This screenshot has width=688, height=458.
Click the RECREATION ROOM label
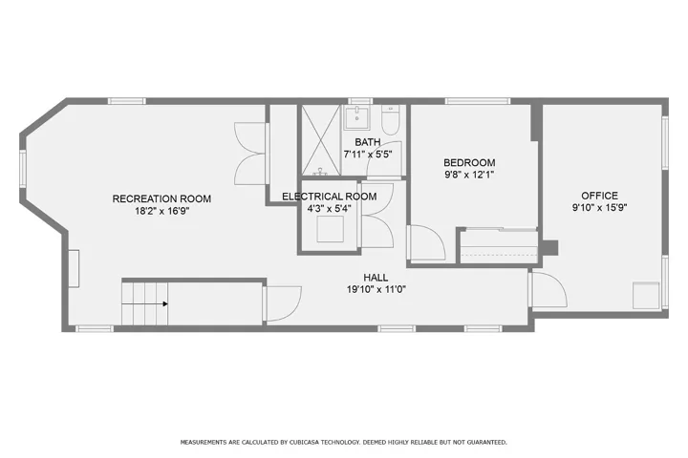point(161,198)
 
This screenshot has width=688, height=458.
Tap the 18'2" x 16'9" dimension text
point(161,211)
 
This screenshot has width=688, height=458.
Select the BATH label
point(368,142)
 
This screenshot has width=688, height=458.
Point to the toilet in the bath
point(390,119)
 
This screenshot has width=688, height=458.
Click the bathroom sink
point(355,116)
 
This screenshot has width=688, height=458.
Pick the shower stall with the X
point(321,140)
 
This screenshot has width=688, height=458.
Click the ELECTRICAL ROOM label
point(329,197)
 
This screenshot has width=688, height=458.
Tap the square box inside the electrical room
point(330,229)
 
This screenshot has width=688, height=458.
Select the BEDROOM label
point(469,162)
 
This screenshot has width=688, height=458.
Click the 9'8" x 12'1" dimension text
point(469,175)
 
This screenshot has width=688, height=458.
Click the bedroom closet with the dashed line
point(499,246)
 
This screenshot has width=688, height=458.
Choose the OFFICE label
point(599,196)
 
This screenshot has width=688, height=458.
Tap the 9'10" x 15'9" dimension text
point(599,207)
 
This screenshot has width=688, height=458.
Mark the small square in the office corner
point(646,296)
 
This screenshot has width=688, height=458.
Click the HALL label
point(376,278)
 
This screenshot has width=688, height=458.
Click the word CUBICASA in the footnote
point(305,442)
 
